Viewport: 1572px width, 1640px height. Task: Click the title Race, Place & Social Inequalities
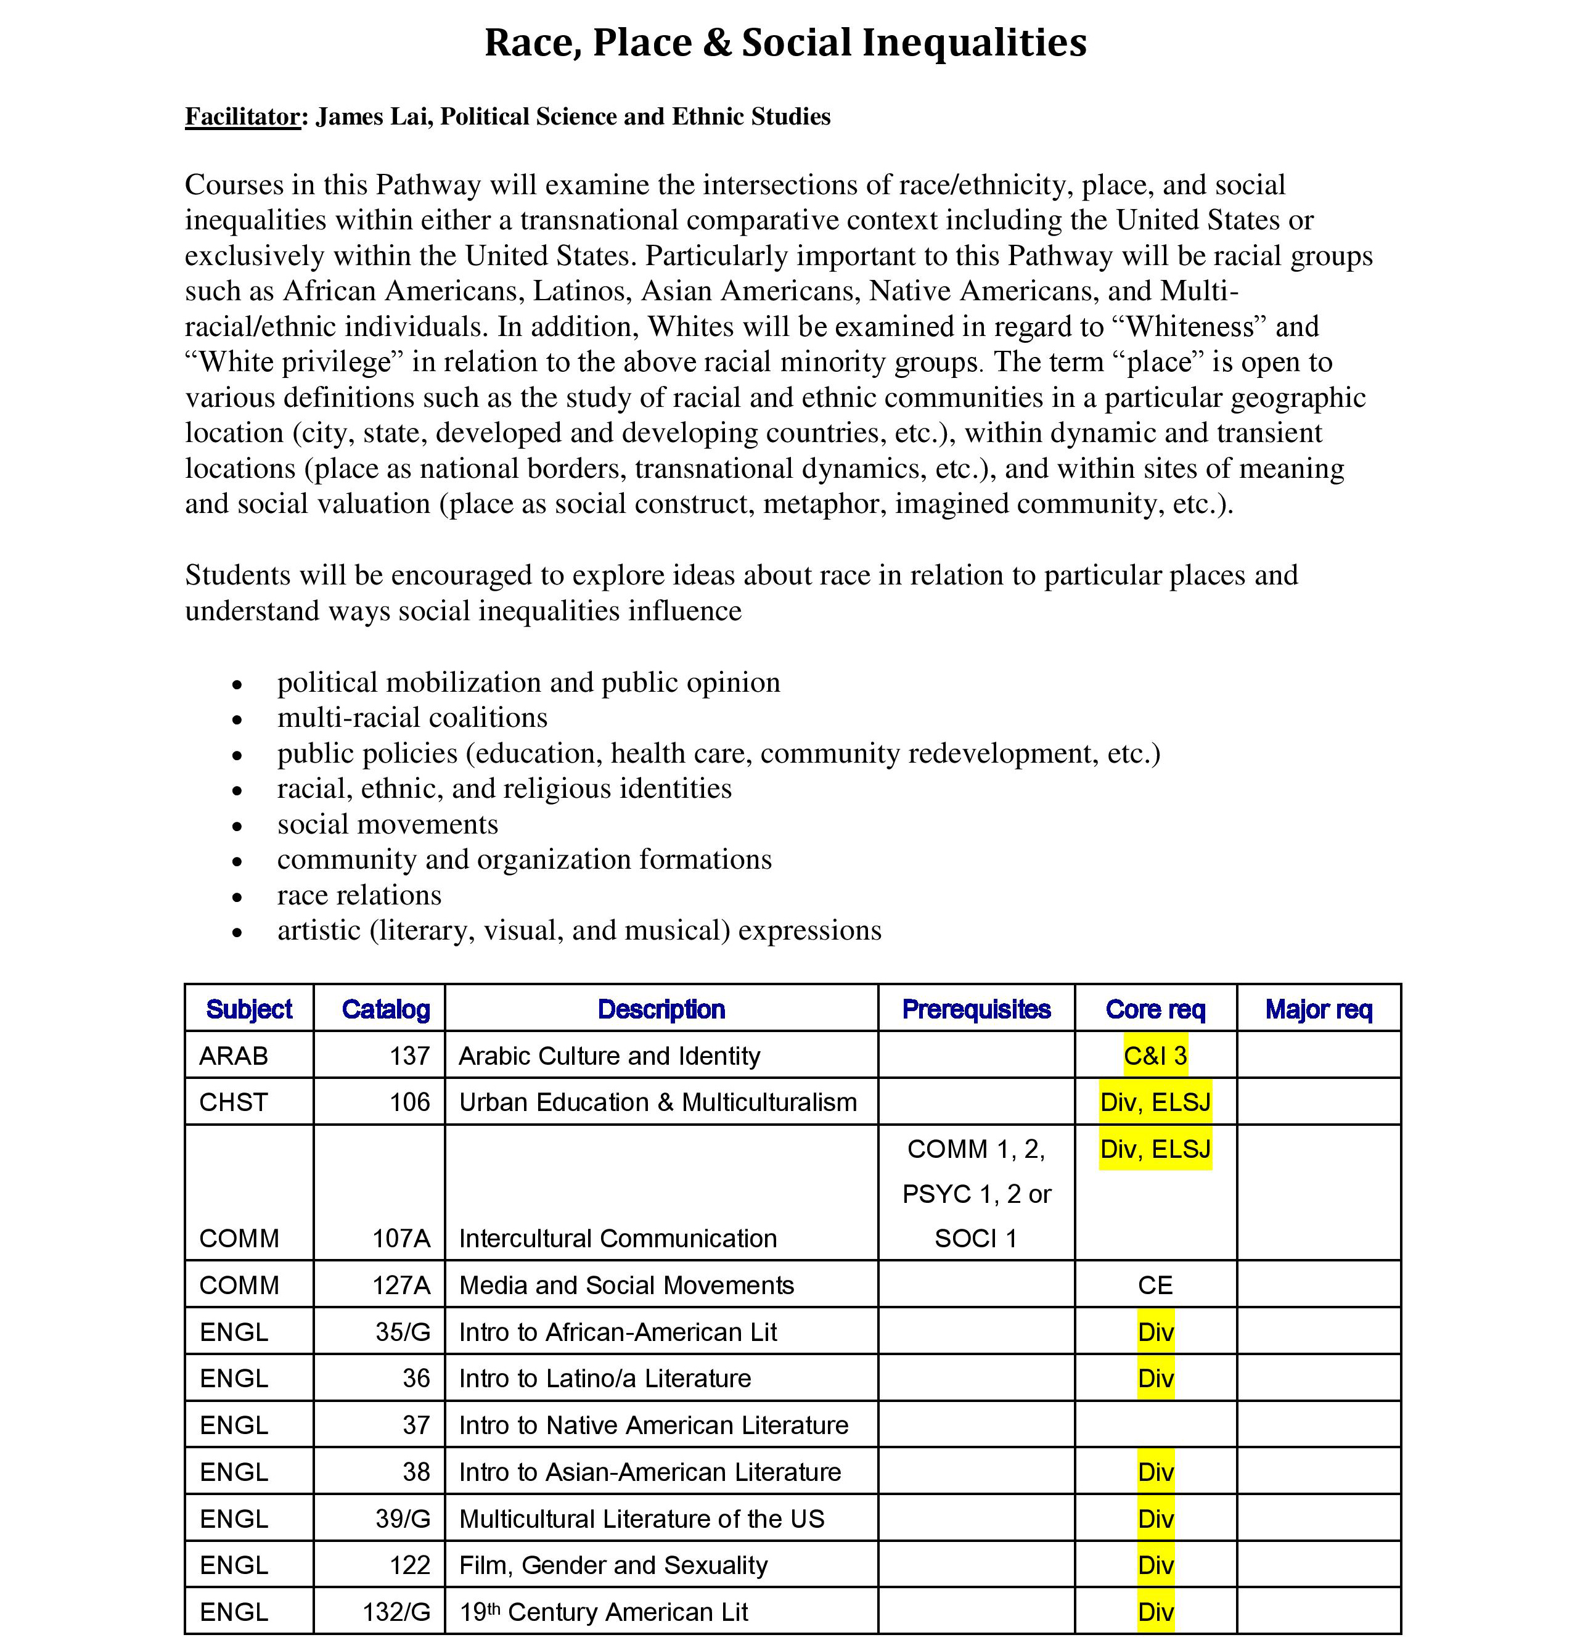tap(785, 43)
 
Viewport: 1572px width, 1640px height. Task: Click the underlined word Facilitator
tap(242, 117)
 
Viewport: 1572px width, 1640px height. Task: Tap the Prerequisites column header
tap(975, 1009)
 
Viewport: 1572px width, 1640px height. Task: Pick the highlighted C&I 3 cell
tap(1155, 1056)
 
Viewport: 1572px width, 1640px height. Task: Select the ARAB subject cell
tap(234, 1056)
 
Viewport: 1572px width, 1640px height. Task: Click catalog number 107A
tap(401, 1239)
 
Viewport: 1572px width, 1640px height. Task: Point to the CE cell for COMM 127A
tap(1155, 1285)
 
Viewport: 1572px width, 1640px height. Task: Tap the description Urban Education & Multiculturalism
tap(658, 1103)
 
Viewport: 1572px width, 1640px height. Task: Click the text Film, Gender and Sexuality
tap(612, 1565)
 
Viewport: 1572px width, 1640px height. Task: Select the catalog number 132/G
tap(396, 1612)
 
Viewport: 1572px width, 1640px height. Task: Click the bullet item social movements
tap(387, 824)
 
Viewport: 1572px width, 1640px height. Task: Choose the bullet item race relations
tap(359, 895)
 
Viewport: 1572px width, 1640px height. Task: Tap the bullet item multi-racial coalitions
tap(412, 718)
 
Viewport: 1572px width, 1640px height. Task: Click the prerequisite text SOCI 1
tap(975, 1239)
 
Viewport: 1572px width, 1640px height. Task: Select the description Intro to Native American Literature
tap(653, 1425)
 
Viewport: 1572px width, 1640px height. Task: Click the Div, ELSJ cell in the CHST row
tap(1155, 1103)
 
